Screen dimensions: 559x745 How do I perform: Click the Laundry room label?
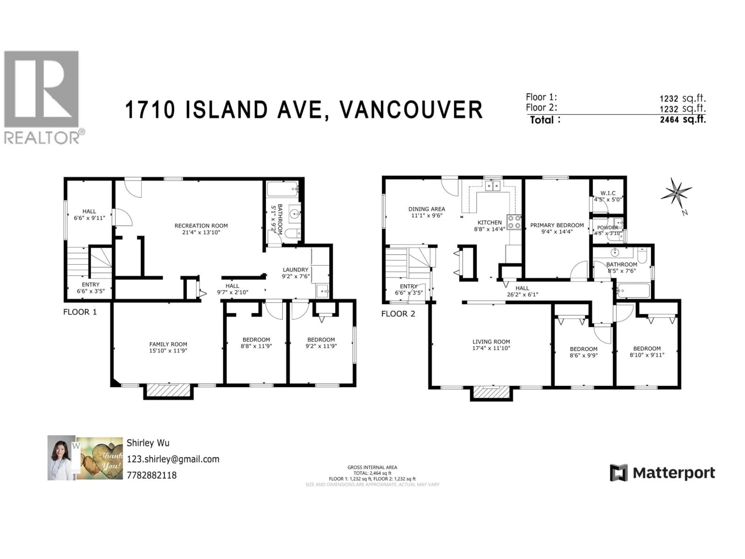tap(295, 270)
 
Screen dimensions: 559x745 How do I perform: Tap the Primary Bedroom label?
tap(557, 225)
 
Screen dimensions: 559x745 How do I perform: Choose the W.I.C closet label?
tap(608, 193)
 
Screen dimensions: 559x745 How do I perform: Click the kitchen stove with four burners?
tap(514, 222)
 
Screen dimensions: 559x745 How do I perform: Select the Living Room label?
tap(491, 342)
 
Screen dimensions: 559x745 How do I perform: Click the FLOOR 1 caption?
tap(80, 312)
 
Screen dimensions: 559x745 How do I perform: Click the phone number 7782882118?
tap(152, 475)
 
